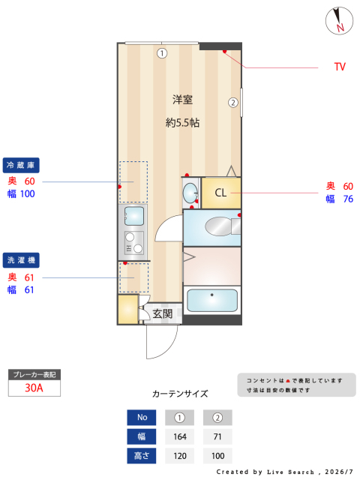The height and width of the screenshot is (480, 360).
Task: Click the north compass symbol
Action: point(339,21)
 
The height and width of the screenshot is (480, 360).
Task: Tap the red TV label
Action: point(340,67)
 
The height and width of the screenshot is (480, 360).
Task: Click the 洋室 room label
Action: point(182,100)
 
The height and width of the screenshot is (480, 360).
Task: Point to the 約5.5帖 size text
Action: point(182,123)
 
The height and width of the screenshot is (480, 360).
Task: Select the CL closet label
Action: point(220,193)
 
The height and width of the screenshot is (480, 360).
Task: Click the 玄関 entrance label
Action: point(163,313)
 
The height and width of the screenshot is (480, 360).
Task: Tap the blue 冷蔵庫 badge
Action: point(21,165)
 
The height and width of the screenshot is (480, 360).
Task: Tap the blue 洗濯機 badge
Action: point(21,260)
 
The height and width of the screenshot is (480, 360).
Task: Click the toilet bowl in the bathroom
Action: point(219,226)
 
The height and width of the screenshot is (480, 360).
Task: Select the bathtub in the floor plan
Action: point(211,300)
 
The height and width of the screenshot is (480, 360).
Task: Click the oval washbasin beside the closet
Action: point(190,193)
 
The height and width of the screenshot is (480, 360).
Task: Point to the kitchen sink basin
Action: point(134,216)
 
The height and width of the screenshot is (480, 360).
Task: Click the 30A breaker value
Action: point(34,388)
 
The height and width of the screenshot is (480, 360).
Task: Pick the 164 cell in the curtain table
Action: point(180,436)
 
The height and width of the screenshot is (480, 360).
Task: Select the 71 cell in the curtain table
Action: point(217,436)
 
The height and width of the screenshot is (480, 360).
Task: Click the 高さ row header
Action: point(142,456)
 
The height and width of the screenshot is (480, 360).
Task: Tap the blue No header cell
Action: point(142,418)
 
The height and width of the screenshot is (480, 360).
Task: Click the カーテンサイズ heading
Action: point(180,394)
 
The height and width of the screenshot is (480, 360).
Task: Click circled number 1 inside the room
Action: point(162,53)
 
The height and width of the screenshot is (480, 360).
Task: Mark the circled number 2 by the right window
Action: point(233,103)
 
